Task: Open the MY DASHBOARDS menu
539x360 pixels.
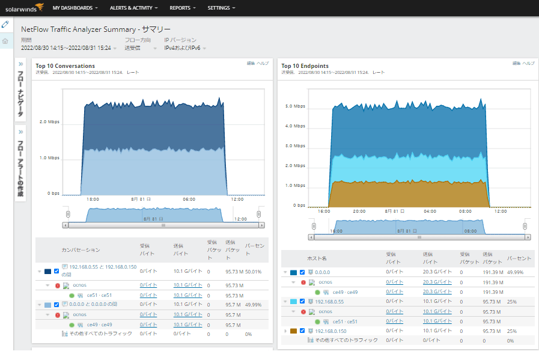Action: coord(75,8)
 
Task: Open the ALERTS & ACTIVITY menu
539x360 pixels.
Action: coord(134,8)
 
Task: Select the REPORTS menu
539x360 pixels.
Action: coord(183,8)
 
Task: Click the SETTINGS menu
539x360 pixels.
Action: coord(221,8)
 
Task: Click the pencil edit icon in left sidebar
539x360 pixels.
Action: coord(5,25)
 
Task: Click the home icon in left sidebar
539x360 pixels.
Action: coord(5,41)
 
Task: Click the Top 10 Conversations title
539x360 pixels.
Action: coord(65,66)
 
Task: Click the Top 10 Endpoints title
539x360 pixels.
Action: coord(305,66)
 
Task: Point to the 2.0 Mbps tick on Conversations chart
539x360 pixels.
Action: coord(50,121)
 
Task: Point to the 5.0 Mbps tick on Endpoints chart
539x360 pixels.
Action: coord(296,106)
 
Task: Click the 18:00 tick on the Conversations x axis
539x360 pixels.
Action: coord(93,199)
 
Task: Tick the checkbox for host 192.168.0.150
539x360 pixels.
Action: coord(302,331)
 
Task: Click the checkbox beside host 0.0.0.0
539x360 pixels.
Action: coord(302,272)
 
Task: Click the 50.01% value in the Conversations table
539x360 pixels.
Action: coord(253,271)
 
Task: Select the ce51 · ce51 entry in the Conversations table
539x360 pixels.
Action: coord(99,295)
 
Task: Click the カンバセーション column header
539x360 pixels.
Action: coord(81,249)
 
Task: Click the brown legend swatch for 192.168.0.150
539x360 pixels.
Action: coord(293,331)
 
